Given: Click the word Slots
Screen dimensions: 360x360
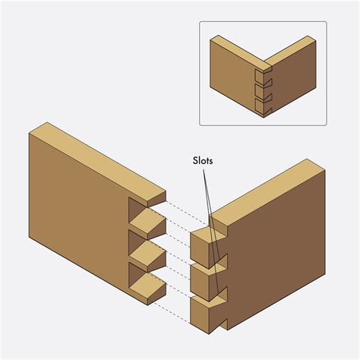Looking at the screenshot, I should point(202,162).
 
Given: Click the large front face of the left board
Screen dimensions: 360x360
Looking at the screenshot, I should point(76,213).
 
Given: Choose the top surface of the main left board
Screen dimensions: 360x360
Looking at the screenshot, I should point(99,156).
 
